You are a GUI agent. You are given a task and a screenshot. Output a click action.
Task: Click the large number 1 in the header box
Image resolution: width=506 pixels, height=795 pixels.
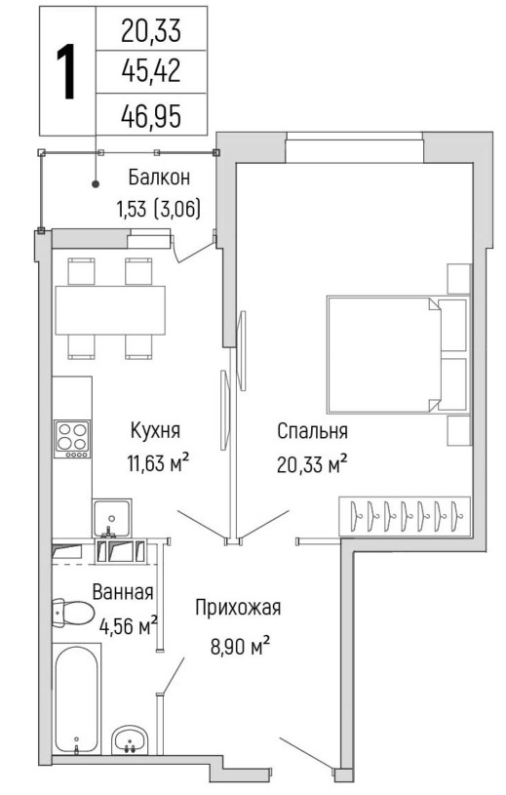[66, 71]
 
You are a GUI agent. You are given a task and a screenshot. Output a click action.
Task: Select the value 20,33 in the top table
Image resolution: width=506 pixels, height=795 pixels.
[151, 31]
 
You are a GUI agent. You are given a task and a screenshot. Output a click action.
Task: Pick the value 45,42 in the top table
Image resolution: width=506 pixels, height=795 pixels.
[151, 71]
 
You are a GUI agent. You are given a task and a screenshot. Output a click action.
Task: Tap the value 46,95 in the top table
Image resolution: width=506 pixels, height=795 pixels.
[151, 116]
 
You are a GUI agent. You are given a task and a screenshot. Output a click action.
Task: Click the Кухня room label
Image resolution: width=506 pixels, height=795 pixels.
[155, 431]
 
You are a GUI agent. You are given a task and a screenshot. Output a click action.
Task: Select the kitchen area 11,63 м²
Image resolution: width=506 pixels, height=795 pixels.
[159, 462]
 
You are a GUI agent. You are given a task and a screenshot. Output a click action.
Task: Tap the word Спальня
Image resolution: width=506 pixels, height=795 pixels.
[312, 431]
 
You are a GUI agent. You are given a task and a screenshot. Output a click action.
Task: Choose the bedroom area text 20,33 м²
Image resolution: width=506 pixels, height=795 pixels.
[312, 463]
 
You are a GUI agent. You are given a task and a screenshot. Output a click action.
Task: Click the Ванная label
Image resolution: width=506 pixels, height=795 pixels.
[123, 592]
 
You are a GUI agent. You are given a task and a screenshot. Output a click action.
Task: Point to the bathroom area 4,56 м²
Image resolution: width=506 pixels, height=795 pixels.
[128, 625]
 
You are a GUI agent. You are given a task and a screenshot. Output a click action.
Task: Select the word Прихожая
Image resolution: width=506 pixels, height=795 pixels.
[238, 608]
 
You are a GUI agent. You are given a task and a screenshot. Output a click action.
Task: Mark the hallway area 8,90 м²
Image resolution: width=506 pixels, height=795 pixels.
[240, 646]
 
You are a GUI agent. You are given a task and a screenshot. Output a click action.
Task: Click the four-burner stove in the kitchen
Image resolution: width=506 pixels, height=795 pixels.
[72, 439]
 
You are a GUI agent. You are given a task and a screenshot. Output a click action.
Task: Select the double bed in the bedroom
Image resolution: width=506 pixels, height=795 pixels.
[397, 354]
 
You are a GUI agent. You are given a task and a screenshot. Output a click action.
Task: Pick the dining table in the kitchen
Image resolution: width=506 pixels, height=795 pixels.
[110, 310]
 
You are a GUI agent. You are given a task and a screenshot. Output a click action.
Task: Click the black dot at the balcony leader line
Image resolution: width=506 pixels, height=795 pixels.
[96, 184]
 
